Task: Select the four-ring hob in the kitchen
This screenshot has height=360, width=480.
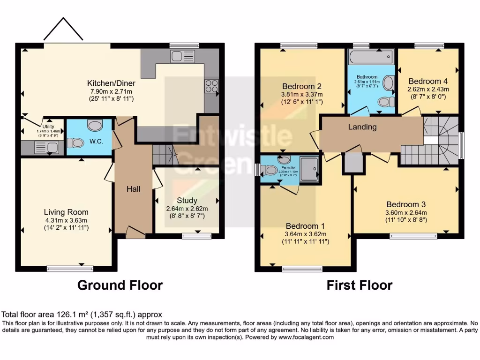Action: (x=210, y=86)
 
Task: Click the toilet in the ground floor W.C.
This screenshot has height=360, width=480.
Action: (x=95, y=126)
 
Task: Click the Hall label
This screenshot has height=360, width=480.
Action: (x=133, y=189)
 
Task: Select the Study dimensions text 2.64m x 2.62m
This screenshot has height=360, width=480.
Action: (x=187, y=209)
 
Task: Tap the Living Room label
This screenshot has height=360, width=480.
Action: (x=66, y=212)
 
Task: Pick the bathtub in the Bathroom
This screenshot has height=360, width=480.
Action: (x=370, y=58)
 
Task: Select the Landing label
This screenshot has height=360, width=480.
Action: (x=362, y=127)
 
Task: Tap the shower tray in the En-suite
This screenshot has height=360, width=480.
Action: (x=310, y=166)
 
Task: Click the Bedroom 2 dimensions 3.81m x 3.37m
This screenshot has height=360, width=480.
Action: (x=301, y=94)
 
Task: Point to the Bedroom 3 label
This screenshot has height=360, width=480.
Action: (x=406, y=204)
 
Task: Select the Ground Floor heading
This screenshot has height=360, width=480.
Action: (x=120, y=285)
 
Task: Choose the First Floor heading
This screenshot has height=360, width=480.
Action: (x=360, y=285)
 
